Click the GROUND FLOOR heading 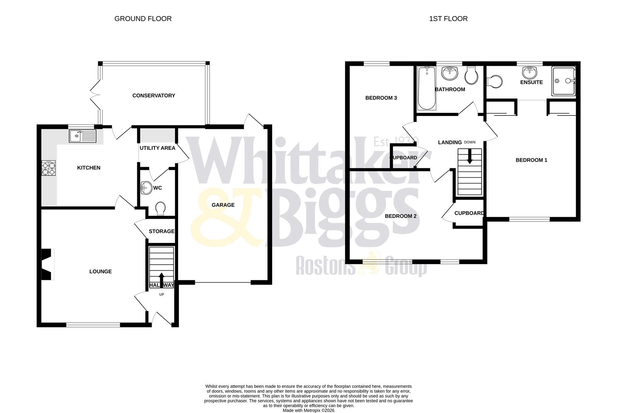click(143, 19)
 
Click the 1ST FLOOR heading click(448, 19)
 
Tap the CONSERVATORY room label click(154, 96)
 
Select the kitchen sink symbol click(83, 136)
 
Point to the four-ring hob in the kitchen click(49, 168)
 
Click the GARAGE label click(223, 205)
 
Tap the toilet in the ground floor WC click(161, 208)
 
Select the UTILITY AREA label click(157, 148)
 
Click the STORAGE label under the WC click(161, 231)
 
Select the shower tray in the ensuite click(563, 81)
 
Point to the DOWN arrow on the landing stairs click(470, 156)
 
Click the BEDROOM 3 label click(381, 98)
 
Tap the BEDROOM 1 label click(531, 160)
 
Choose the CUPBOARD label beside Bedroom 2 click(469, 213)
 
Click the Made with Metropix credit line click(308, 410)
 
